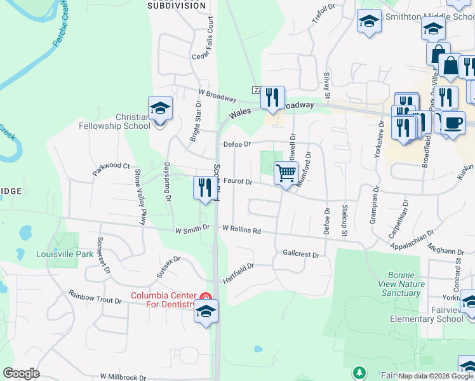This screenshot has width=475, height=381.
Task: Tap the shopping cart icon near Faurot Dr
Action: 286,171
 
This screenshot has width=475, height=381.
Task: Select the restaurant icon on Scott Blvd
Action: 204,187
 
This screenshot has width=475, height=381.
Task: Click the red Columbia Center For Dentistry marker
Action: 205,296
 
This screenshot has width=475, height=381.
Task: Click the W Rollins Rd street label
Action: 242,230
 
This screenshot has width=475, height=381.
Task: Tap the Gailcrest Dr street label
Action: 300,254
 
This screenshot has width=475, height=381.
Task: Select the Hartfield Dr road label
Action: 238,274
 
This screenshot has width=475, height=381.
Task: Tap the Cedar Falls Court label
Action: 211,39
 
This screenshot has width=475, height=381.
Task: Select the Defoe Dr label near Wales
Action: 238,144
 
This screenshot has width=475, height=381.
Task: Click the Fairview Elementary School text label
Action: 426,319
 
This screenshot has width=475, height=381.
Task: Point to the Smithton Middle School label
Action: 438,17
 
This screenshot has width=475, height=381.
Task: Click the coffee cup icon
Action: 452,122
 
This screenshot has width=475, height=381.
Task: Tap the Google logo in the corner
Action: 21,373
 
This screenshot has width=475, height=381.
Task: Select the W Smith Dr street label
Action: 192,227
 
